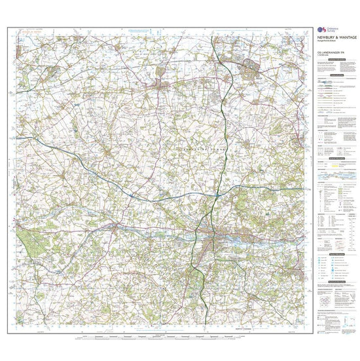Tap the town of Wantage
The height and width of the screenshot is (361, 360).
tap(159, 85)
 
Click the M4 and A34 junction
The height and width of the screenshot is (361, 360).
tap(218, 195)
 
